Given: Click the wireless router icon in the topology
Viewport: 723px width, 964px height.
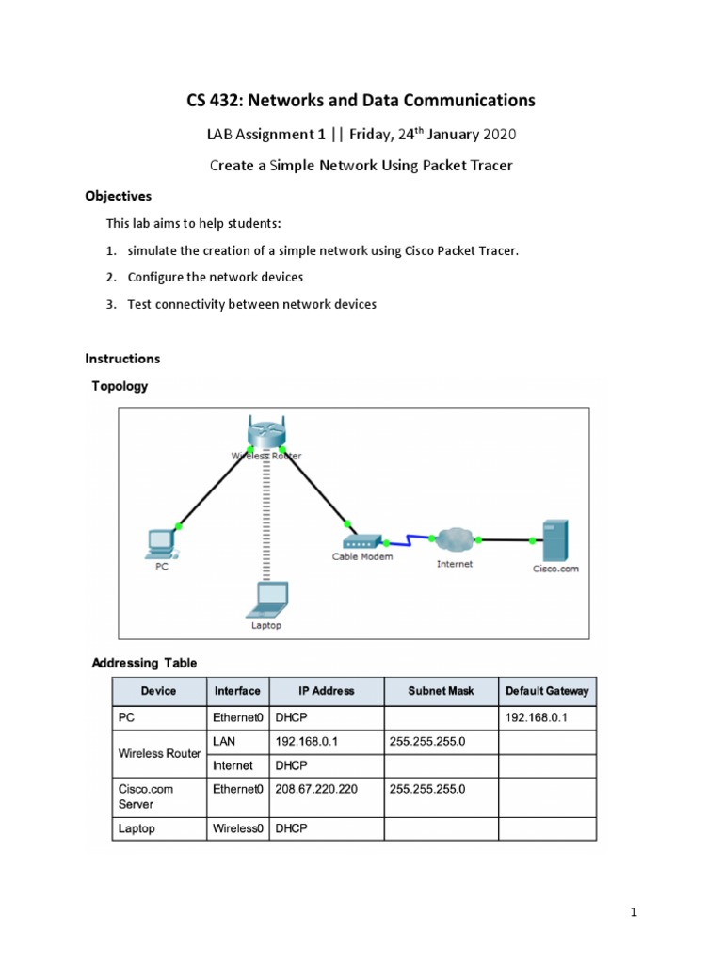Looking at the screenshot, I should (266, 434).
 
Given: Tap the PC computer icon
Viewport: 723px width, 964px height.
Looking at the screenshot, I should (161, 541).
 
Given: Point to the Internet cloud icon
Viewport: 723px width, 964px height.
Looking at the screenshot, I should (455, 540).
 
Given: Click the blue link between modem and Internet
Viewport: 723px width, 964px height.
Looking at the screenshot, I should (407, 540).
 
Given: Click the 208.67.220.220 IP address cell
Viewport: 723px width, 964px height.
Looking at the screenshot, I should (316, 789).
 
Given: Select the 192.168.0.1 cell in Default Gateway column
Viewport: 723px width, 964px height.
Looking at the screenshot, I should (537, 718).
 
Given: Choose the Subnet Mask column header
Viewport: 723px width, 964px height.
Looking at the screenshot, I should (441, 691).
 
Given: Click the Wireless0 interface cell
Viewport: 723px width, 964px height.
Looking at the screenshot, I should (238, 828).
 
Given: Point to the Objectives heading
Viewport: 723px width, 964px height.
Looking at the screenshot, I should (118, 197).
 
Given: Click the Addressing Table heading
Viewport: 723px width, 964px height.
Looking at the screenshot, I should (144, 663).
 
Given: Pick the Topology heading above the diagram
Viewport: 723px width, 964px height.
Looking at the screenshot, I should (119, 386).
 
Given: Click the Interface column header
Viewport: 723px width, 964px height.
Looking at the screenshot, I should (237, 691).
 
